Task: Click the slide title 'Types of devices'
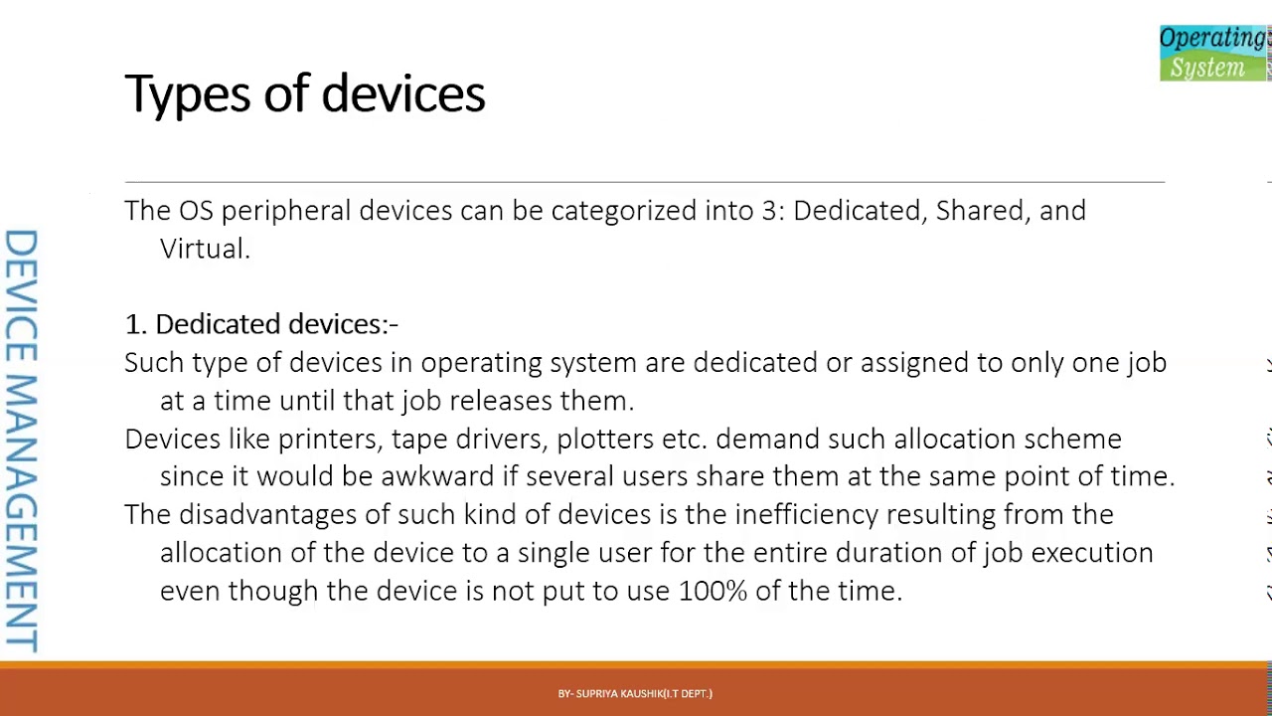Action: click(304, 94)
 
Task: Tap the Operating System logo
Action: click(1213, 53)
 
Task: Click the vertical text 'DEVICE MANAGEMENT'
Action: click(21, 441)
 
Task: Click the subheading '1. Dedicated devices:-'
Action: click(261, 324)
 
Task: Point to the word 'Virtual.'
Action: click(205, 249)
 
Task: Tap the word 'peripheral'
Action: click(286, 211)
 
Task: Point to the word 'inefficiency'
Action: click(806, 515)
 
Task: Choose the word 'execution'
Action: click(1092, 553)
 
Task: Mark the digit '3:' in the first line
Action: click(773, 211)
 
